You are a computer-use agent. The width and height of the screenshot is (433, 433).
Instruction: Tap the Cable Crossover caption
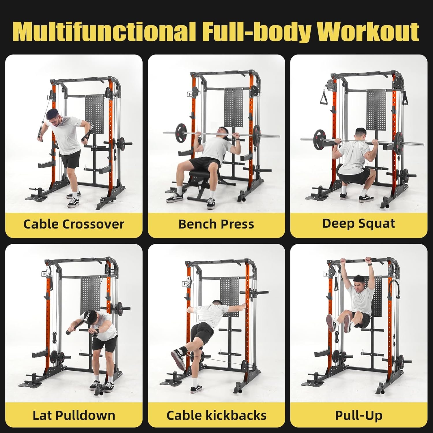(74, 224)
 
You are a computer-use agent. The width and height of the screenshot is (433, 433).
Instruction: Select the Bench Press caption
(216, 224)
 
